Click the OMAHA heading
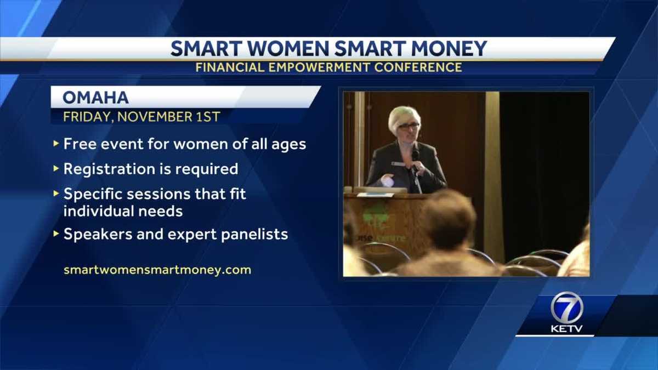tap(95, 98)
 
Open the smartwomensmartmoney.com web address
tap(157, 270)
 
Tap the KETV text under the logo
tap(565, 329)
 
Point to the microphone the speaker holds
tap(415, 157)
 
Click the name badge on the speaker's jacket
tap(398, 164)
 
